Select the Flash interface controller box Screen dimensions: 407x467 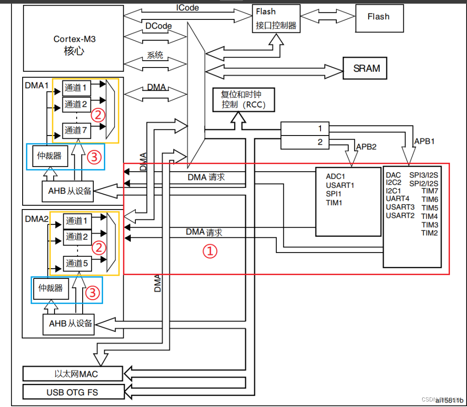276,18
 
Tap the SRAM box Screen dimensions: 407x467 366,68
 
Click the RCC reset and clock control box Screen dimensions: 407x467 243,99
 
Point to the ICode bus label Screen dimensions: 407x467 188,7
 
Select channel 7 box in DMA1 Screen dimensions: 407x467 76,130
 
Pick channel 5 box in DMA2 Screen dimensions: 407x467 76,263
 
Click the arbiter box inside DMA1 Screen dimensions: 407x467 50,155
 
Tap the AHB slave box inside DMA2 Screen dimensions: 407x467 70,323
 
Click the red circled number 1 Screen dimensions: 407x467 210,251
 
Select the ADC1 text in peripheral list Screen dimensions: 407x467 336,176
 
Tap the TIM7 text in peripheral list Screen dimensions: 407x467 429,191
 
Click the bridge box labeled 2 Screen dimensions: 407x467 320,142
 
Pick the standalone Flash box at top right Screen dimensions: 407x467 378,17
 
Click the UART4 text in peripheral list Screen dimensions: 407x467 398,198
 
